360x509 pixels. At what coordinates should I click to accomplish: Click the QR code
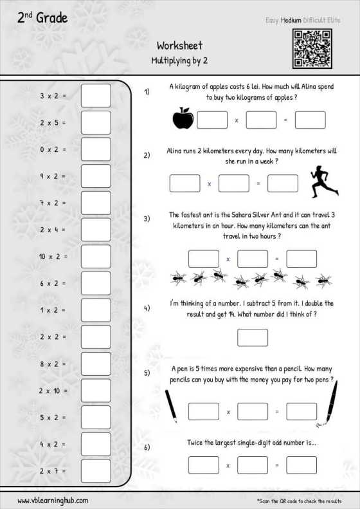(312, 49)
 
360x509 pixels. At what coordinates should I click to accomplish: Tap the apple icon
(183, 118)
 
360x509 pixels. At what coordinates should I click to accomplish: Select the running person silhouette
(325, 181)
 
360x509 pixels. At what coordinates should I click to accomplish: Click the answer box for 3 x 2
(96, 96)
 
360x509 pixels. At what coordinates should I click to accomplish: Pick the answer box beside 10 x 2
(96, 257)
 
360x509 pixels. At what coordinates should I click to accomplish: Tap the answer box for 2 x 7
(96, 470)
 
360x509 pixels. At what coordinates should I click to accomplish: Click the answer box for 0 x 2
(96, 149)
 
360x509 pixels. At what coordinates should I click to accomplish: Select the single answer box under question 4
(253, 338)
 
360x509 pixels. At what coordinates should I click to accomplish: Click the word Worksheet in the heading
(179, 46)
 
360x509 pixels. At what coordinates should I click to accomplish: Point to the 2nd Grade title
(42, 17)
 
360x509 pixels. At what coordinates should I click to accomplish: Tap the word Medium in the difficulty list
(291, 20)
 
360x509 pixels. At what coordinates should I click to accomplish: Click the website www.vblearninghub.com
(53, 501)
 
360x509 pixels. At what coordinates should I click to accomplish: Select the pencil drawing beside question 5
(171, 406)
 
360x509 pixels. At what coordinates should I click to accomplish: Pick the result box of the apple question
(310, 120)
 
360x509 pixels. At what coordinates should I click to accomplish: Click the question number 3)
(147, 219)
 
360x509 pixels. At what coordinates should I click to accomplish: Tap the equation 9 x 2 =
(53, 176)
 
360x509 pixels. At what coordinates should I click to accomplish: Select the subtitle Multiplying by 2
(179, 60)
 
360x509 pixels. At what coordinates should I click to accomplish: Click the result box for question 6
(301, 465)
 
